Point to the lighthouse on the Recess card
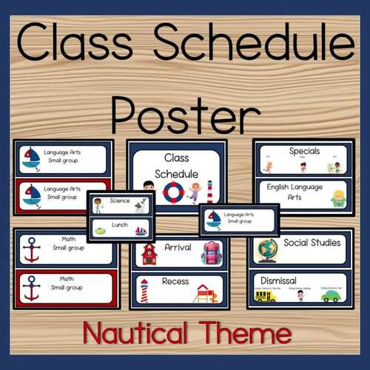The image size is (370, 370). [144, 289]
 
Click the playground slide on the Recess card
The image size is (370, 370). [206, 293]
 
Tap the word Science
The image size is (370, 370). [118, 200]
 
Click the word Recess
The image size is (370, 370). [175, 282]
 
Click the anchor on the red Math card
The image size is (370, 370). [30, 286]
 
